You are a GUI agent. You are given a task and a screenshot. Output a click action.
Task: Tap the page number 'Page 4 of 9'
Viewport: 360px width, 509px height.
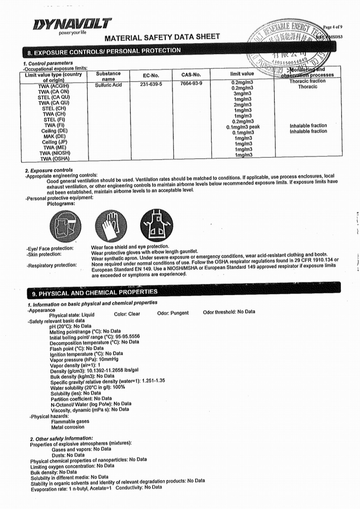click(x=332, y=27)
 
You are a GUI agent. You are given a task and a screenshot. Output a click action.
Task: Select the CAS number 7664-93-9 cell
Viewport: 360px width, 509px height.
click(x=191, y=84)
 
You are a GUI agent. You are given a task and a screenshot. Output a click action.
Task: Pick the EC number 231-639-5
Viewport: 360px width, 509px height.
click(x=151, y=84)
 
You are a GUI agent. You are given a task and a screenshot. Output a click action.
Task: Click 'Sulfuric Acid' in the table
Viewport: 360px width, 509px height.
click(x=108, y=85)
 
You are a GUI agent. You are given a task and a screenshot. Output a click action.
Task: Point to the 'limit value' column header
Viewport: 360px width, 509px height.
click(x=242, y=74)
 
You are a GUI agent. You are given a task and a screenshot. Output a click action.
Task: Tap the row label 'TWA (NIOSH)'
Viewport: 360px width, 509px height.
click(x=55, y=153)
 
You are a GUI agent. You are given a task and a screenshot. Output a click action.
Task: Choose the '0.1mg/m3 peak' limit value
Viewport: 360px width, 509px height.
click(x=243, y=127)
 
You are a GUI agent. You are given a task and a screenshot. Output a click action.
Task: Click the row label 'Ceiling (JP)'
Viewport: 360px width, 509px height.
click(x=54, y=142)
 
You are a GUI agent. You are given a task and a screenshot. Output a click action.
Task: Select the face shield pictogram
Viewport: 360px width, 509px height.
click(x=65, y=226)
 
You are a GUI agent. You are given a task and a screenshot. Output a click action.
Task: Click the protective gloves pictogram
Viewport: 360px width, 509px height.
click(x=111, y=225)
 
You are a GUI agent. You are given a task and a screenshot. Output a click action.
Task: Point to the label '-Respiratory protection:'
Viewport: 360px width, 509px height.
click(x=51, y=265)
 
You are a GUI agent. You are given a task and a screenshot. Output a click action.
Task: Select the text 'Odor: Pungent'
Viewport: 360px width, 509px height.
click(x=173, y=313)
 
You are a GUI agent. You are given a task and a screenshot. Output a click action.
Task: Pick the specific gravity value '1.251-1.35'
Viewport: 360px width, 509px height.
click(x=153, y=380)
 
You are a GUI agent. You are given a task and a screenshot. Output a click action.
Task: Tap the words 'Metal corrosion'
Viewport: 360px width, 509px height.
click(x=68, y=427)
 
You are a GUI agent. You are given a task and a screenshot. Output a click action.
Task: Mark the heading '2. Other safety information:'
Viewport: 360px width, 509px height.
click(x=62, y=438)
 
